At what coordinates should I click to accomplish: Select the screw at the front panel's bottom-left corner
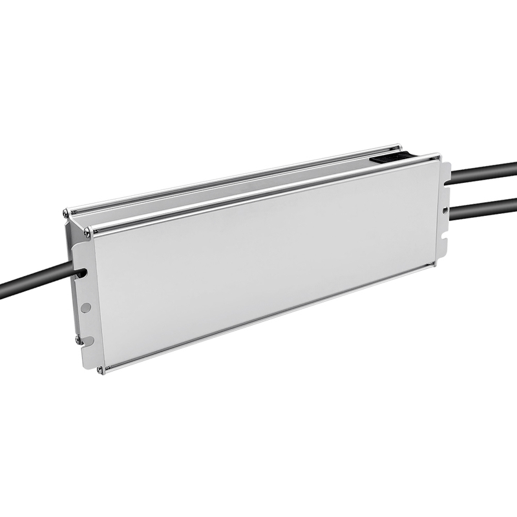[100, 370]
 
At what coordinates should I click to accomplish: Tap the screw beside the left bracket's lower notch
[78, 339]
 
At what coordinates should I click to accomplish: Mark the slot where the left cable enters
[81, 273]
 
